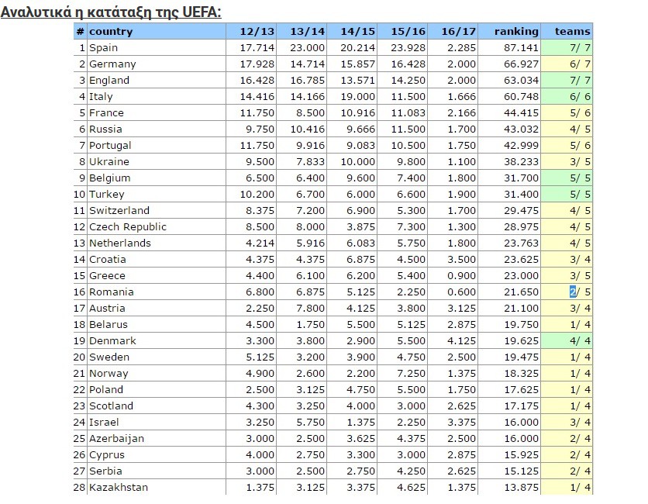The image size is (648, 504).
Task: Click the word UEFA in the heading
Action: pyautogui.click(x=200, y=12)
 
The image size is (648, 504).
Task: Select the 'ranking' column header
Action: pyautogui.click(x=516, y=32)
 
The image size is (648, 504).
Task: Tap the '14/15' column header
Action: pyautogui.click(x=357, y=32)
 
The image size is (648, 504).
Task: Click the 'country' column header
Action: pyautogui.click(x=111, y=32)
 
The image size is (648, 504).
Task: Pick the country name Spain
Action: pyautogui.click(x=104, y=48)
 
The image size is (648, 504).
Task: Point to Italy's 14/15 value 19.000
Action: pyautogui.click(x=359, y=97)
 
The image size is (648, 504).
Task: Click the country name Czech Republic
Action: pyautogui.click(x=128, y=227)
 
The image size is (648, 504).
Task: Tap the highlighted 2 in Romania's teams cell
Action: pyautogui.click(x=573, y=292)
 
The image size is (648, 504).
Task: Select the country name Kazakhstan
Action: pyautogui.click(x=119, y=488)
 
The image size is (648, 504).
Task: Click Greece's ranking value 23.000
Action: pyautogui.click(x=521, y=276)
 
